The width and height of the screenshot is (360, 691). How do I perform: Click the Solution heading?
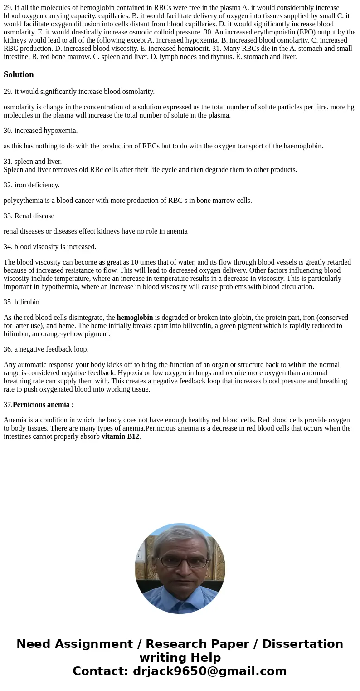pyautogui.click(x=19, y=74)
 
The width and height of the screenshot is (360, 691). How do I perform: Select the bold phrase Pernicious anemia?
pyautogui.click(x=43, y=405)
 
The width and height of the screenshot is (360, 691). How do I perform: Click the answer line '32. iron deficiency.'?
pyautogui.click(x=31, y=185)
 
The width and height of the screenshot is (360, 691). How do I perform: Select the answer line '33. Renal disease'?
pyautogui.click(x=29, y=216)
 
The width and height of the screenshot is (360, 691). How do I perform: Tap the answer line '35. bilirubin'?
pyautogui.click(x=21, y=302)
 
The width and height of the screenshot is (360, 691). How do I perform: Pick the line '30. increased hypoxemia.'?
pyautogui.click(x=40, y=131)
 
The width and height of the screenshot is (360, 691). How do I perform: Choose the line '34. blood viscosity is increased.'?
pyautogui.click(x=50, y=247)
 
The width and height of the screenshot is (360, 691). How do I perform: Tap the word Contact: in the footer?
pyautogui.click(x=101, y=671)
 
